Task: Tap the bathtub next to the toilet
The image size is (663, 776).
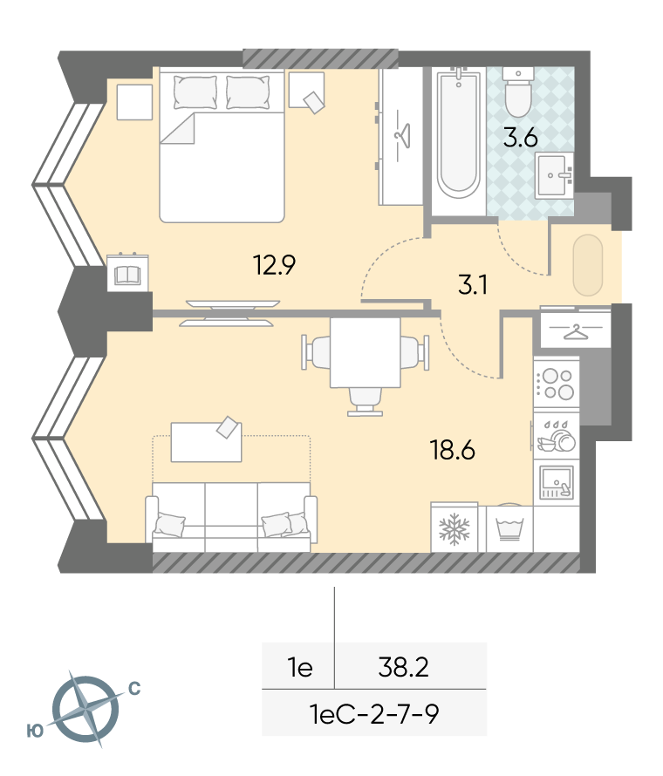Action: pos(459,133)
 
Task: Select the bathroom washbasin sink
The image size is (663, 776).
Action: pos(554,174)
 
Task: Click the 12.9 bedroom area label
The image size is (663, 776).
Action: pos(274,265)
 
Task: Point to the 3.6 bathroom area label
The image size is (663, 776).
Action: pos(521,138)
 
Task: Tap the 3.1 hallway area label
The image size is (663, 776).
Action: pos(473,285)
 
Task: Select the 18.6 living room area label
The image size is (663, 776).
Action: pos(453,451)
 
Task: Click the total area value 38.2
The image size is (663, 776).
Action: pos(404,667)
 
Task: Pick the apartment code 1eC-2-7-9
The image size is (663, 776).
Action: pos(374,714)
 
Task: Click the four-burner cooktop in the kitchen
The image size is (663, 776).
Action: pos(557,384)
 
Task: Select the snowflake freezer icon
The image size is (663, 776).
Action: pos(454,528)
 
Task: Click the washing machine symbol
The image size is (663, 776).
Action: pos(509,528)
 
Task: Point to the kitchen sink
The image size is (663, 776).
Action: pos(557,481)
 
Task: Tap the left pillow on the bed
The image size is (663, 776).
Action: pos(195,92)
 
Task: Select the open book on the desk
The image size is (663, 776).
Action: pos(127,276)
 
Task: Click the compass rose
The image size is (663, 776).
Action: pos(85,709)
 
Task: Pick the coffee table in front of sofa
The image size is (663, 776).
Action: pos(206,441)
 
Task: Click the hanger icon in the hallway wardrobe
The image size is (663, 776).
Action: pos(574,331)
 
